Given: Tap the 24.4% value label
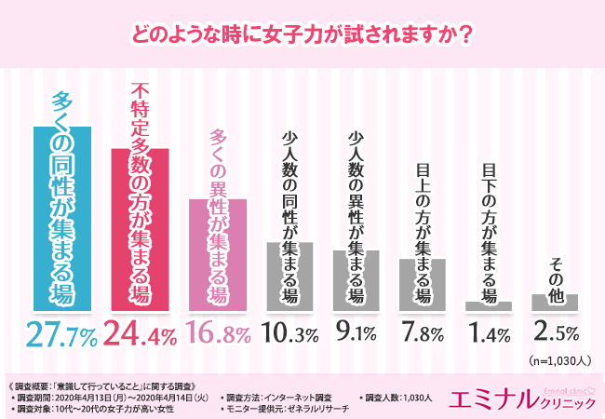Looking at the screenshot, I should (139, 332).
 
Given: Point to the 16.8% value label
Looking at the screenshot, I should (218, 332).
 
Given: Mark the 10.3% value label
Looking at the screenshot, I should (289, 332).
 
